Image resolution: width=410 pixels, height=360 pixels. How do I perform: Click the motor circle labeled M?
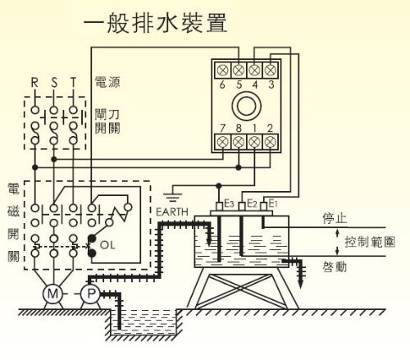[52, 294]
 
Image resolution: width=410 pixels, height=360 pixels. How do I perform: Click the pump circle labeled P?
[91, 294]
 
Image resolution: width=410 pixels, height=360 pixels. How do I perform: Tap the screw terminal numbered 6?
[222, 71]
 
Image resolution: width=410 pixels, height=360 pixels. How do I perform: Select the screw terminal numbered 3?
[270, 71]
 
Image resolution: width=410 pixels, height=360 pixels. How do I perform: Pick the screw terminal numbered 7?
[222, 142]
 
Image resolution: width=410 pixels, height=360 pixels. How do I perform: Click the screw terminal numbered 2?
[270, 142]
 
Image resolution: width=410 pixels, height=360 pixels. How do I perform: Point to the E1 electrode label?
[273, 203]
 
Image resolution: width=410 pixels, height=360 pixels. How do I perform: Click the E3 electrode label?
[229, 203]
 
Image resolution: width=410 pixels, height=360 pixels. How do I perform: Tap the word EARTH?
[172, 212]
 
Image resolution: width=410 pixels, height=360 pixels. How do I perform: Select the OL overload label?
[107, 245]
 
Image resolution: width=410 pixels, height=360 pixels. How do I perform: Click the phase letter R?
[34, 82]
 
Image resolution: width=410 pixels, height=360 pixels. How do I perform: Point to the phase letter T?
[73, 82]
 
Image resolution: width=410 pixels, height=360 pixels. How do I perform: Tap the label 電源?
[107, 82]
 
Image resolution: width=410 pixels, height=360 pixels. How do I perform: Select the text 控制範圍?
[370, 242]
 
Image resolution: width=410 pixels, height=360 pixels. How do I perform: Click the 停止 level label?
[335, 218]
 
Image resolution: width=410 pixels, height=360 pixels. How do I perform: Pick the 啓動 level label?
[335, 267]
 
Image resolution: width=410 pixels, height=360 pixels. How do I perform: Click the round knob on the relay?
[246, 106]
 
